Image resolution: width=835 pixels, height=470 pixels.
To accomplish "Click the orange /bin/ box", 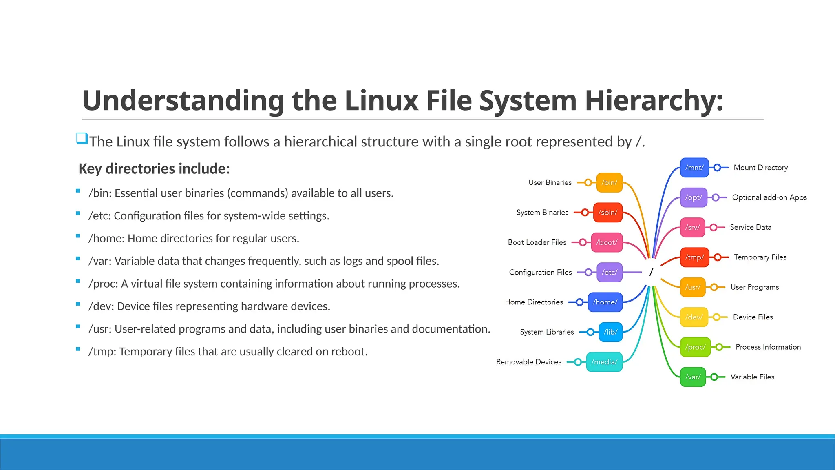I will point(609,182).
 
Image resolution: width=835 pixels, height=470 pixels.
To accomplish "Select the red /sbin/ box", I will point(607,212).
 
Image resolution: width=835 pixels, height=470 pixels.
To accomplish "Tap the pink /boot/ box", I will point(607,242).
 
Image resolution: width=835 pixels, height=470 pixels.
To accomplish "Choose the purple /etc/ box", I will point(609,272).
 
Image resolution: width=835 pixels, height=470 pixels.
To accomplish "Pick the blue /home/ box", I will point(605,302).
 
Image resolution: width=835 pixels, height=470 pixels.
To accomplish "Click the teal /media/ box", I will point(604,362).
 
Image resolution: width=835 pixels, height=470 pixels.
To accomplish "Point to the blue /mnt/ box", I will point(694,168).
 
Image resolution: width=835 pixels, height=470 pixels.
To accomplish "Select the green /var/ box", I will point(693,377).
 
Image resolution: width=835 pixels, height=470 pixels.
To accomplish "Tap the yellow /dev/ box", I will point(694,317).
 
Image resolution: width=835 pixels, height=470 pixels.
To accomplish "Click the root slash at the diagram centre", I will point(651,272).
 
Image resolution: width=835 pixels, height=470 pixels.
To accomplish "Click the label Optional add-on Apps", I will point(769,197).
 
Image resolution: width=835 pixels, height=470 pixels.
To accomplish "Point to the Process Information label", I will point(768,347).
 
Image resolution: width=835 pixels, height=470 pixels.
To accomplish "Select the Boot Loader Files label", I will point(537,242).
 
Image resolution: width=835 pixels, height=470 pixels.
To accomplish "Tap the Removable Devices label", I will point(529,362).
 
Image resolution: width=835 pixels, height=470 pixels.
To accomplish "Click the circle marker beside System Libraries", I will point(590,332).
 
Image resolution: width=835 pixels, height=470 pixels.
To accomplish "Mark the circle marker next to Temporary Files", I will point(718,257).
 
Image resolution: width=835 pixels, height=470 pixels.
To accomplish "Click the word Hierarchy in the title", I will point(654,100).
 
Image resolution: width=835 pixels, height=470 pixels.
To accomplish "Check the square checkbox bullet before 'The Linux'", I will point(82,138).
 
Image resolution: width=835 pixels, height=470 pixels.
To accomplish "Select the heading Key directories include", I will point(154,168).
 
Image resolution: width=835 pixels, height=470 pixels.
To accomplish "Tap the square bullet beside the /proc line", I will point(78,281).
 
